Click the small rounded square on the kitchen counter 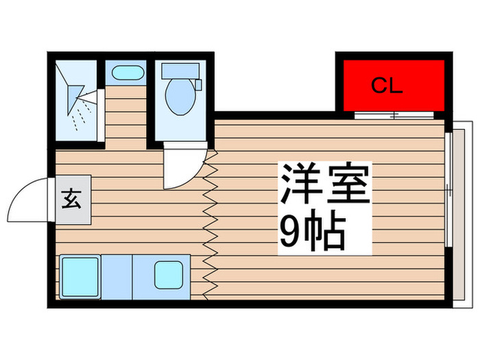tap(168, 275)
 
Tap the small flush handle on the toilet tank tap(198, 84)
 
